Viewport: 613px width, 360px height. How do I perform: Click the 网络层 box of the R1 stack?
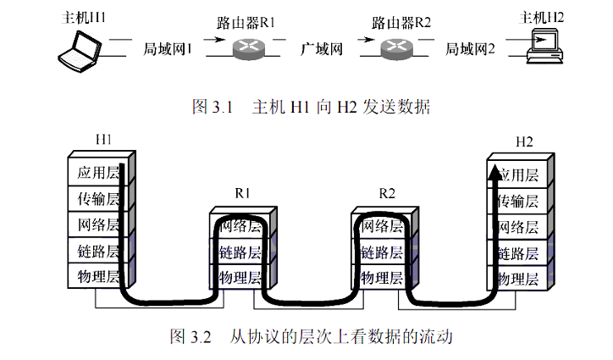point(240,226)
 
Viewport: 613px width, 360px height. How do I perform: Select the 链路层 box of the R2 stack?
point(381,252)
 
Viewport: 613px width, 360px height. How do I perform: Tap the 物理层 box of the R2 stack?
point(381,278)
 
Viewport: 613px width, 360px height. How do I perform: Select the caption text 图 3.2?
point(189,336)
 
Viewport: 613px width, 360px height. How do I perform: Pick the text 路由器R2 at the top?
point(401,21)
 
